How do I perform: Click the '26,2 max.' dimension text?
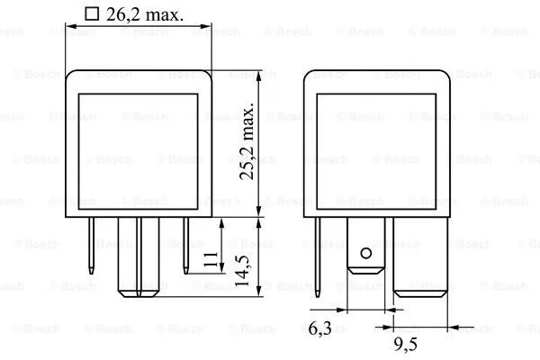pos(146,14)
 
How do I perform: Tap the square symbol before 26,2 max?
pos(89,13)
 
